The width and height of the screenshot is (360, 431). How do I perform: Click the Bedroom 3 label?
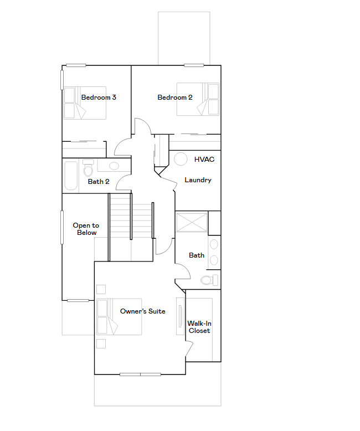pyautogui.click(x=99, y=98)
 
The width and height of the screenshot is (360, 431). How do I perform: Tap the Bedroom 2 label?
pyautogui.click(x=175, y=98)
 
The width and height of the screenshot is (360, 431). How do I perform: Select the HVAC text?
pyautogui.click(x=204, y=159)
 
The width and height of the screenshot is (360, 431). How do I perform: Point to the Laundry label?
pyautogui.click(x=198, y=180)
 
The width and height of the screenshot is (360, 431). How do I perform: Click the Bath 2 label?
pyautogui.click(x=99, y=181)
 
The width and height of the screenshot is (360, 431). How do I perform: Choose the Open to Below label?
pyautogui.click(x=86, y=229)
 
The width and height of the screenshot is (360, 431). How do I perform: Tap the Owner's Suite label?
pyautogui.click(x=143, y=311)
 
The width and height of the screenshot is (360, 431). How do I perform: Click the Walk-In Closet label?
pyautogui.click(x=199, y=327)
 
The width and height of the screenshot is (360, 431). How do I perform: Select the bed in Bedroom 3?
pyautogui.click(x=84, y=102)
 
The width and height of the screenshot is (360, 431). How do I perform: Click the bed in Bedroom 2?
pyautogui.click(x=198, y=99)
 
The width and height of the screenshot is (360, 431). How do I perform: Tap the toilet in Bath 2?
pyautogui.click(x=88, y=166)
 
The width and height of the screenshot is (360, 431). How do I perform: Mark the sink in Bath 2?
pyautogui.click(x=114, y=166)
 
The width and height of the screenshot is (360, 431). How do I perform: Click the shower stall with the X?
pyautogui.click(x=192, y=222)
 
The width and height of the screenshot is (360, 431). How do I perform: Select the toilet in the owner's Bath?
pyautogui.click(x=209, y=280)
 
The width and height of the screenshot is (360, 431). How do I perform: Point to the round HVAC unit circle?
pyautogui.click(x=181, y=159)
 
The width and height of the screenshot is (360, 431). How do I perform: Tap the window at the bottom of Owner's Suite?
pyautogui.click(x=140, y=374)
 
